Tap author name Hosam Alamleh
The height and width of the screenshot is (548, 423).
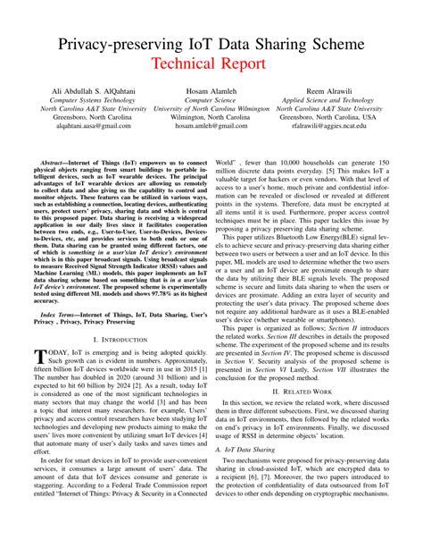[211, 93]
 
